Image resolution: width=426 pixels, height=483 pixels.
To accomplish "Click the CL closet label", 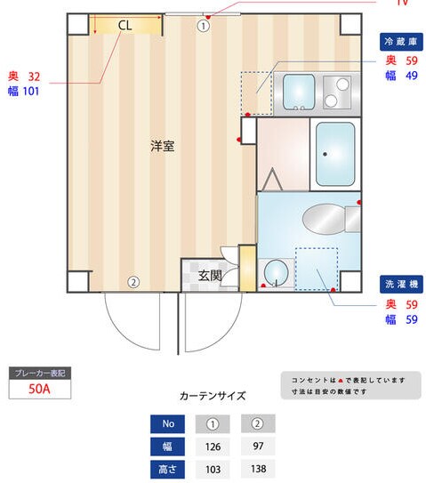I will point(125,26).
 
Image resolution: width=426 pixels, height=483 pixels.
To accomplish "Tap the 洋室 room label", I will point(162,146).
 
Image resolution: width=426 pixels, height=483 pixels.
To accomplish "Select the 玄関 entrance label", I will point(210,276).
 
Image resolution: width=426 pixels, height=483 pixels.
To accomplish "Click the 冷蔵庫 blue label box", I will point(401,42).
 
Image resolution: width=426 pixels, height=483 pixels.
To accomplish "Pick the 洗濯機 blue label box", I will point(401,285).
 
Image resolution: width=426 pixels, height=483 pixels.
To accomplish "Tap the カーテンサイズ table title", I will point(213,396).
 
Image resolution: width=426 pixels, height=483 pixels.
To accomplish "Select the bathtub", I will point(335,154).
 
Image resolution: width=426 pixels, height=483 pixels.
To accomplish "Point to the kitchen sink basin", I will point(298,93).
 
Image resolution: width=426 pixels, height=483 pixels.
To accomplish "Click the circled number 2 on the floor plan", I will point(133,283).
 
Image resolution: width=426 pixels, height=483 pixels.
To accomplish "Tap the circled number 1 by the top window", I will point(203,26).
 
